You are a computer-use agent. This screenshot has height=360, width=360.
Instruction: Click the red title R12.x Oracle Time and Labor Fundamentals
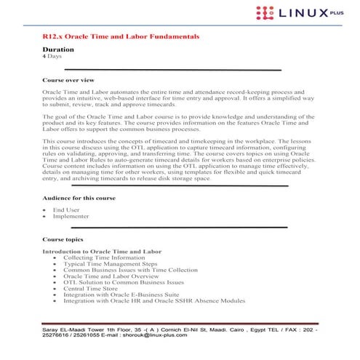121,36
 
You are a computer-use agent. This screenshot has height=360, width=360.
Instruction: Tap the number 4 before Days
44,56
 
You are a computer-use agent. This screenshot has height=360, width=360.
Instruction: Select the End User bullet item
66,209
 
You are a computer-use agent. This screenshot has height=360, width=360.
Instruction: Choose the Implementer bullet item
71,216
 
